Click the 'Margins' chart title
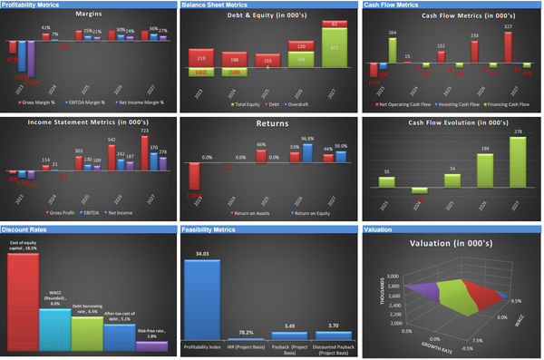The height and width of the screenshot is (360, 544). [89, 15]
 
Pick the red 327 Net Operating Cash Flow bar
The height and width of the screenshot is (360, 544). [508, 47]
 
